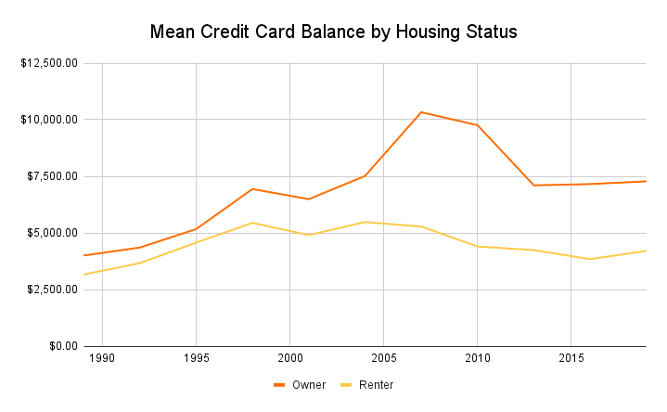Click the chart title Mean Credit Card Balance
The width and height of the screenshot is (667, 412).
333,32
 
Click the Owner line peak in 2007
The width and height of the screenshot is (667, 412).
421,112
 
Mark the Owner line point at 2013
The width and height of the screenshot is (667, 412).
533,186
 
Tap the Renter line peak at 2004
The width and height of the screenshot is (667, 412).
365,222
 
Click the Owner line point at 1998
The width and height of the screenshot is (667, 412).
252,189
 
